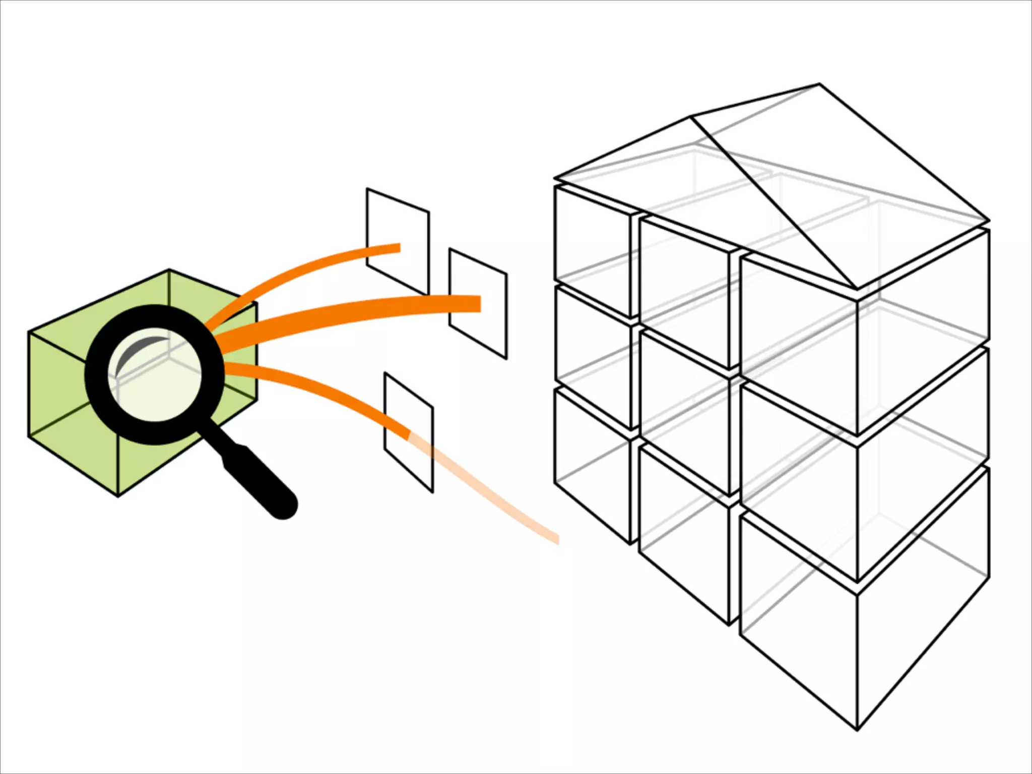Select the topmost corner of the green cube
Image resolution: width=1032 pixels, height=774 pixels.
169,270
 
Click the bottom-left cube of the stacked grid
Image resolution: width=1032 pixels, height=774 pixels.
592,464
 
